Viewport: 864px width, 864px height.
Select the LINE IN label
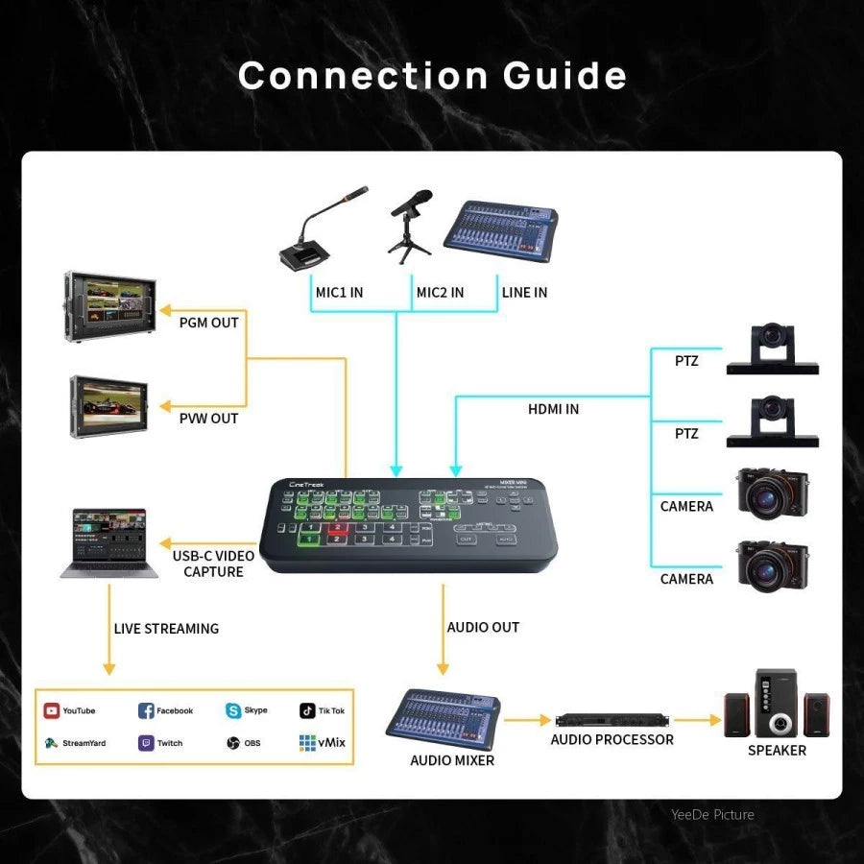pyautogui.click(x=524, y=292)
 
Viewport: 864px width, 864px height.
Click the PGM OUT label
pyautogui.click(x=209, y=323)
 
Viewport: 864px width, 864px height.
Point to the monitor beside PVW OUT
pyautogui.click(x=108, y=404)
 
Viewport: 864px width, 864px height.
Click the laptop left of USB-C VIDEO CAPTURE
pyautogui.click(x=103, y=543)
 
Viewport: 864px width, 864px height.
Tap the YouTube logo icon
pyautogui.click(x=52, y=710)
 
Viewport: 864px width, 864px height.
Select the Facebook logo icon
pyautogui.click(x=146, y=710)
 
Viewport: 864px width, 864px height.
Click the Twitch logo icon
pyautogui.click(x=146, y=743)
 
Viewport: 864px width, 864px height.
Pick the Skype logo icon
pyautogui.click(x=233, y=710)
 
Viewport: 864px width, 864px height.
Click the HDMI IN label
pyautogui.click(x=554, y=409)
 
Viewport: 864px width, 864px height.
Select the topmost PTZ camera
pyautogui.click(x=772, y=348)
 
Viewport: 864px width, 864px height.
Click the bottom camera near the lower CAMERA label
pyautogui.click(x=773, y=566)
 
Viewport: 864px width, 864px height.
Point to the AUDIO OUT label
pyautogui.click(x=483, y=627)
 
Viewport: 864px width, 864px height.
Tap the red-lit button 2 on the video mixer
pyautogui.click(x=337, y=528)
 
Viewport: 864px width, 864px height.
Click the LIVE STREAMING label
pyautogui.click(x=166, y=629)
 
